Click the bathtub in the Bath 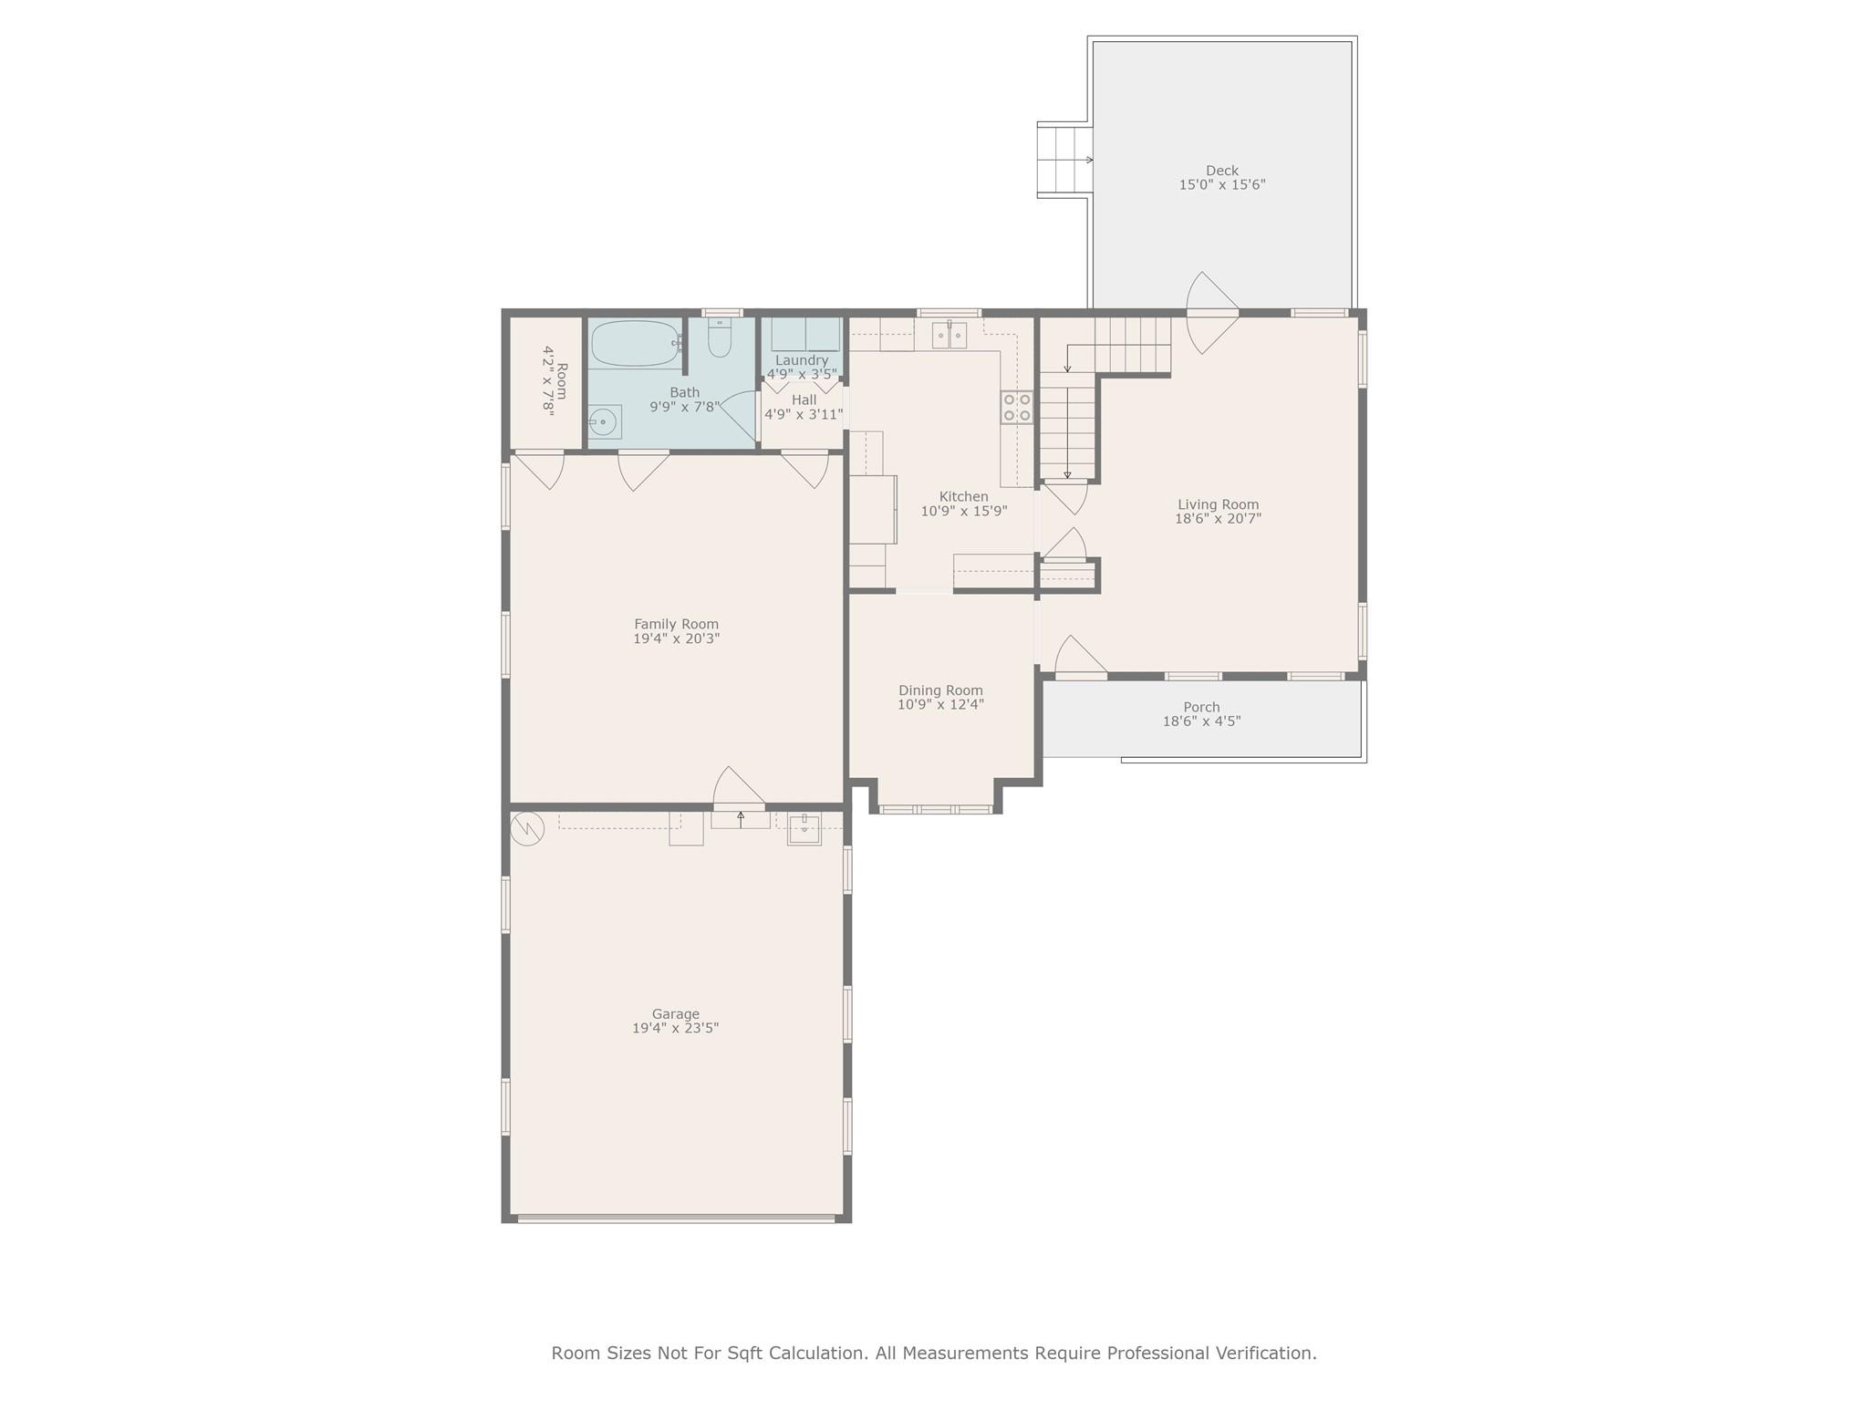click(x=636, y=344)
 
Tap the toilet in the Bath click(x=720, y=337)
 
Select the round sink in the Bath click(x=605, y=421)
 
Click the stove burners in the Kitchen click(x=1017, y=407)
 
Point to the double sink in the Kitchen click(x=949, y=335)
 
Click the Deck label click(x=1222, y=171)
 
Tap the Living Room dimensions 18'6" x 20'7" click(x=1218, y=519)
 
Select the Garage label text click(x=676, y=1014)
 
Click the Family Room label click(x=677, y=625)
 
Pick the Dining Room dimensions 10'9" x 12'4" click(x=940, y=705)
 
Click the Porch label click(x=1201, y=707)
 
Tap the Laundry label click(x=802, y=360)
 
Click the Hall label click(x=804, y=400)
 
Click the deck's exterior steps click(x=1064, y=161)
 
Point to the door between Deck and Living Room click(x=1212, y=313)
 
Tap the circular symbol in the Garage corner click(x=527, y=828)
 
